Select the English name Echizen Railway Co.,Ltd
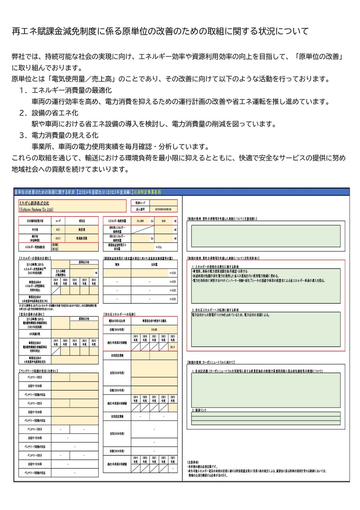tap(36, 209)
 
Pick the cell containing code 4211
tap(58, 238)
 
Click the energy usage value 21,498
tap(140, 220)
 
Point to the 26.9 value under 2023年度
tap(172, 347)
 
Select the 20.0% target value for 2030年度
tap(154, 330)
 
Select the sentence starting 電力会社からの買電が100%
tap(231, 315)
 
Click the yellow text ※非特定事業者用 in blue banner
tap(147, 192)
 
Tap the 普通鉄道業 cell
tap(82, 238)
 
